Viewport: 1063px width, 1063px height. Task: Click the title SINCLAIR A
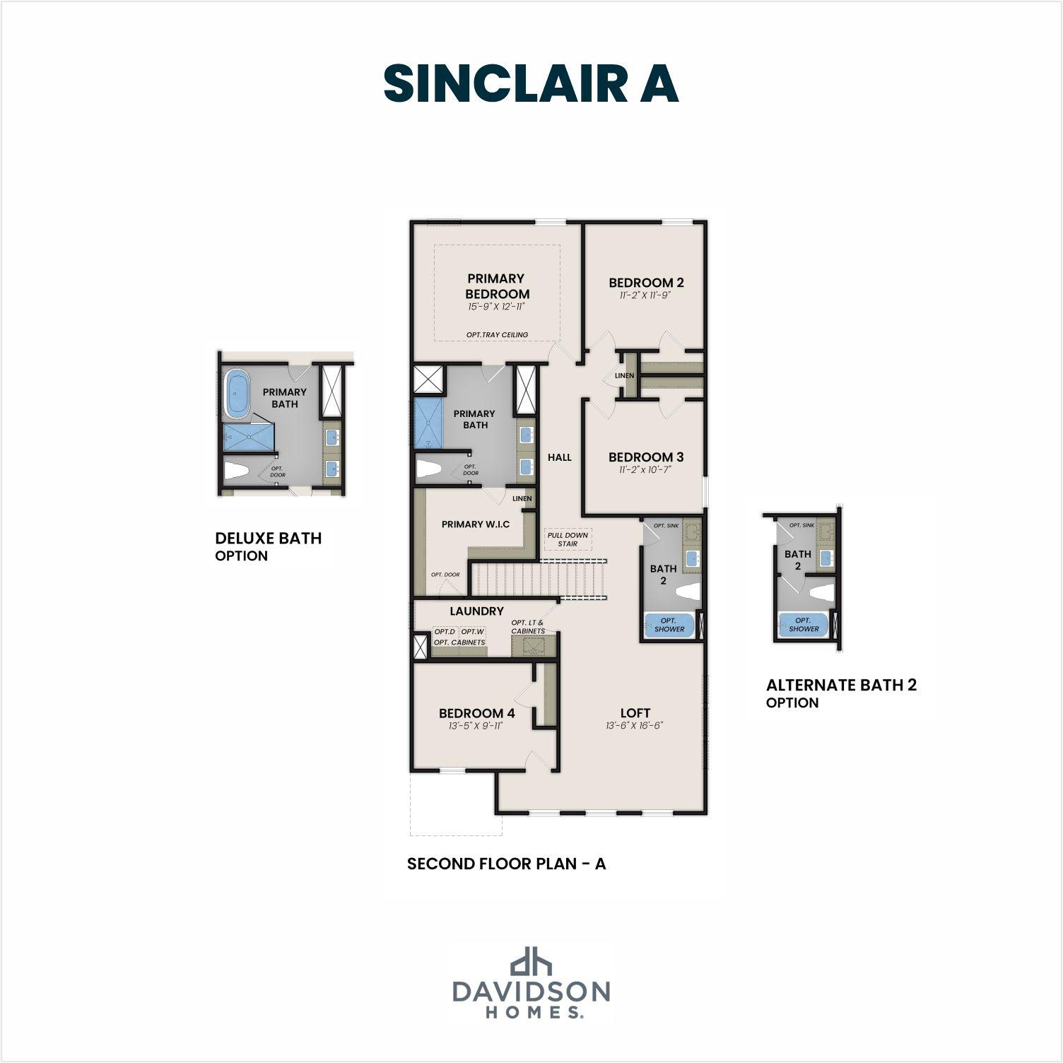(531, 84)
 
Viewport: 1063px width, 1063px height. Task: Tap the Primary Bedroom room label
(497, 286)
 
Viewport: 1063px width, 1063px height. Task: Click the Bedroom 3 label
(645, 457)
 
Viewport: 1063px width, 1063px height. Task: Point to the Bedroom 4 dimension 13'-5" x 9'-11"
(476, 726)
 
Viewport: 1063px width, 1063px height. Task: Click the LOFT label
(635, 713)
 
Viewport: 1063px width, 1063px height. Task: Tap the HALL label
(559, 457)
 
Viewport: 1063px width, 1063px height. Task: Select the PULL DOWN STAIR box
(568, 539)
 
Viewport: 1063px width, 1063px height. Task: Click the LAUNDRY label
(476, 611)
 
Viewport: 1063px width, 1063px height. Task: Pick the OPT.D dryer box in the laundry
(445, 632)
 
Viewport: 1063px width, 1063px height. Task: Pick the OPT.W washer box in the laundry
(472, 632)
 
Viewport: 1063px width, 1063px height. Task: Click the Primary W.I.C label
(476, 524)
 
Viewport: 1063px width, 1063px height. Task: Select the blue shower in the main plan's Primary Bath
(427, 423)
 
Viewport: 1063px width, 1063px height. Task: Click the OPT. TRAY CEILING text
(497, 335)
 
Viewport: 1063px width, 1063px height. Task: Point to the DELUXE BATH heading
(268, 539)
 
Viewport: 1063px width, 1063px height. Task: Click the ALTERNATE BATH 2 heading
(841, 685)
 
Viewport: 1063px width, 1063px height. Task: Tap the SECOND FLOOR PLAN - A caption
(506, 864)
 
